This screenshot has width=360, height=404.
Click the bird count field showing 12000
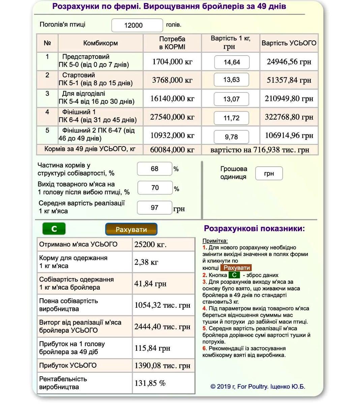pyautogui.click(x=137, y=25)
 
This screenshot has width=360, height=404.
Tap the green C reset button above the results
pyautogui.click(x=54, y=229)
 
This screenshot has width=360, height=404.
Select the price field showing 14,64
pyautogui.click(x=232, y=62)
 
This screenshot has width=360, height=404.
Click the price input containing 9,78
pyautogui.click(x=231, y=137)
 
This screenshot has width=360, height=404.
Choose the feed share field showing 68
pyautogui.click(x=154, y=169)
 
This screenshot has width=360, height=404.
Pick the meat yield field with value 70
pyautogui.click(x=155, y=188)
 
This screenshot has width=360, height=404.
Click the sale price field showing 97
pyautogui.click(x=154, y=208)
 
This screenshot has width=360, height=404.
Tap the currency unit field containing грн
pyautogui.click(x=269, y=173)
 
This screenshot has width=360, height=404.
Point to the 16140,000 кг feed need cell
pyautogui.click(x=172, y=99)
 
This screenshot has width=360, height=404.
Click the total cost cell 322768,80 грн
pyautogui.click(x=289, y=117)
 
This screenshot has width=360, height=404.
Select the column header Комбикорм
pyautogui.click(x=100, y=43)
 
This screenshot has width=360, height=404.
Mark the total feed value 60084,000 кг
pyautogui.click(x=172, y=150)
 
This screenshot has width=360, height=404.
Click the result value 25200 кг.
pyautogui.click(x=150, y=244)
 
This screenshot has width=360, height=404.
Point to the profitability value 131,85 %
pyautogui.click(x=150, y=383)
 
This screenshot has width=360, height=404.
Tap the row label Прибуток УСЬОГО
pyautogui.click(x=68, y=365)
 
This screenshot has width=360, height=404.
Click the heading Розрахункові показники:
pyautogui.click(x=254, y=229)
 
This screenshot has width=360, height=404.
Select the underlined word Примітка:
pyautogui.click(x=215, y=241)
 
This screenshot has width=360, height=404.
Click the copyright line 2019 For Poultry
pyautogui.click(x=258, y=386)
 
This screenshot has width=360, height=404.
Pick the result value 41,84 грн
pyautogui.click(x=150, y=283)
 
